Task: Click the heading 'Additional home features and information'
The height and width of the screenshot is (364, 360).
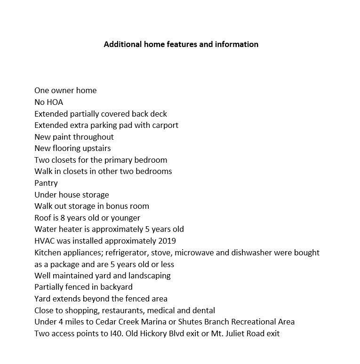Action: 181,45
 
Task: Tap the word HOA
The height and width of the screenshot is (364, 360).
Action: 55,102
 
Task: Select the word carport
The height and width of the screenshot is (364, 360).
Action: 165,125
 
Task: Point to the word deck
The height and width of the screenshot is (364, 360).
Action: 159,114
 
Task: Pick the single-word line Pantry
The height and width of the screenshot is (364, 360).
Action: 46,183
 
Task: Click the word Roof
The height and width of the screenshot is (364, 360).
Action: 43,218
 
